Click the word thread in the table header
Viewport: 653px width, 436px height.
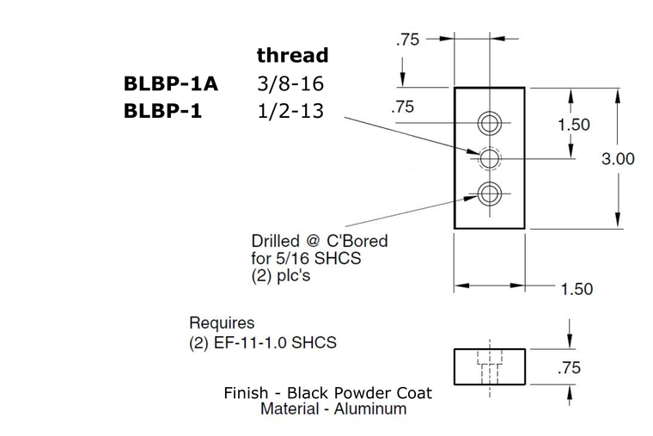292,56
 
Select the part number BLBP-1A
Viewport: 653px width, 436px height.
171,84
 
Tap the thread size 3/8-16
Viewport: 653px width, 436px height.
290,84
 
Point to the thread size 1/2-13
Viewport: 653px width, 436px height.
290,111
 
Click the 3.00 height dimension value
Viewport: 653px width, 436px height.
618,159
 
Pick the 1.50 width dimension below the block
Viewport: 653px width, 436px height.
576,289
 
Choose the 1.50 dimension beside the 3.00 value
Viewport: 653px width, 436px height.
573,125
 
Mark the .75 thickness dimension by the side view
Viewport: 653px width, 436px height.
569,368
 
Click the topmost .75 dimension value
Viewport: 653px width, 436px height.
406,40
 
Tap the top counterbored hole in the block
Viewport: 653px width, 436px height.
490,122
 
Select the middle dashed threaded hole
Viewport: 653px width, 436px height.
490,158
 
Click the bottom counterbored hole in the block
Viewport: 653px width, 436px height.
490,194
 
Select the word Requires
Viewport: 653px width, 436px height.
222,323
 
